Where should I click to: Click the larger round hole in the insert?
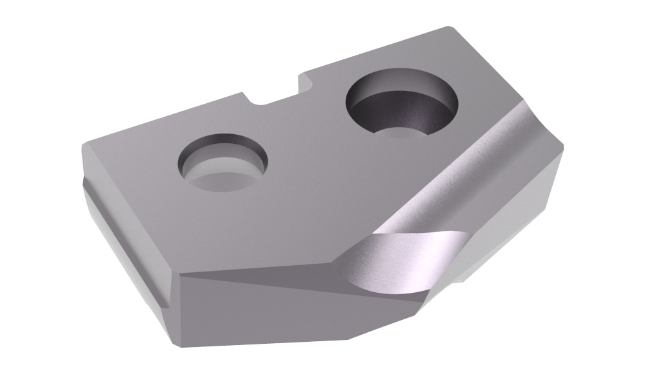click(402, 107)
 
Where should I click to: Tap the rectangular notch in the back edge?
click(274, 97)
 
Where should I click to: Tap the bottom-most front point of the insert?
click(348, 339)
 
